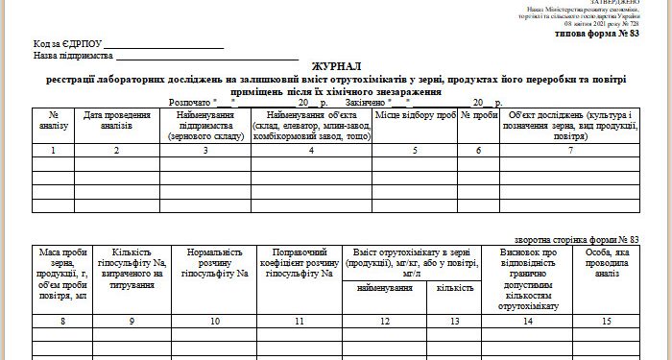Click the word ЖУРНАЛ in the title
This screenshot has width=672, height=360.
[x=335, y=60]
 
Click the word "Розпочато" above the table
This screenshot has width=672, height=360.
[x=190, y=100]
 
